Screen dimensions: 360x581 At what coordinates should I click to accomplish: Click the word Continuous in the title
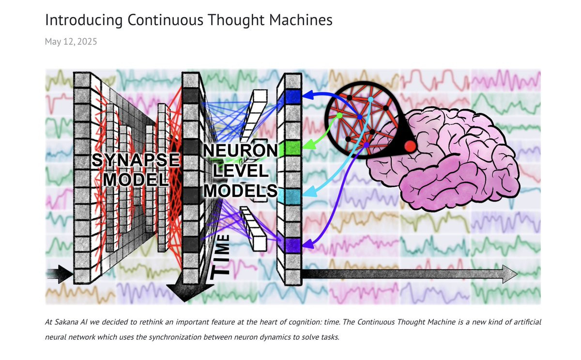[153, 20]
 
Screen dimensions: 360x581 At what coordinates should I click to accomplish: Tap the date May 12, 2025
[71, 42]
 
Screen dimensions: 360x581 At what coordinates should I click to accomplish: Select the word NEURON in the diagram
[241, 151]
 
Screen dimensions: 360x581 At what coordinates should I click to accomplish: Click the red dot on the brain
[410, 145]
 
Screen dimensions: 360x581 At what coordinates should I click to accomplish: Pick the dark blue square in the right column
[293, 97]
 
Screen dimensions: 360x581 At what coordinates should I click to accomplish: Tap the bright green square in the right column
[293, 146]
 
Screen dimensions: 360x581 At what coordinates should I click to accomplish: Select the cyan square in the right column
[293, 196]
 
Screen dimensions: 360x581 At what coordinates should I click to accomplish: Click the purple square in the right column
[293, 245]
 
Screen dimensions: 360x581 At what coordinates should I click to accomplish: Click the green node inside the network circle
[339, 115]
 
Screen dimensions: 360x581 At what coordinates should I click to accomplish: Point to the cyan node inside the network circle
[370, 99]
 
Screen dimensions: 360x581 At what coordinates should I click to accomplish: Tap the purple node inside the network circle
[366, 145]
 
